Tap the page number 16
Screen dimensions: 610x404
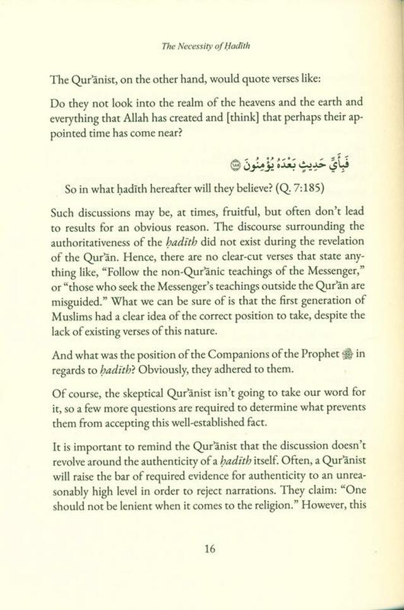pos(210,548)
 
